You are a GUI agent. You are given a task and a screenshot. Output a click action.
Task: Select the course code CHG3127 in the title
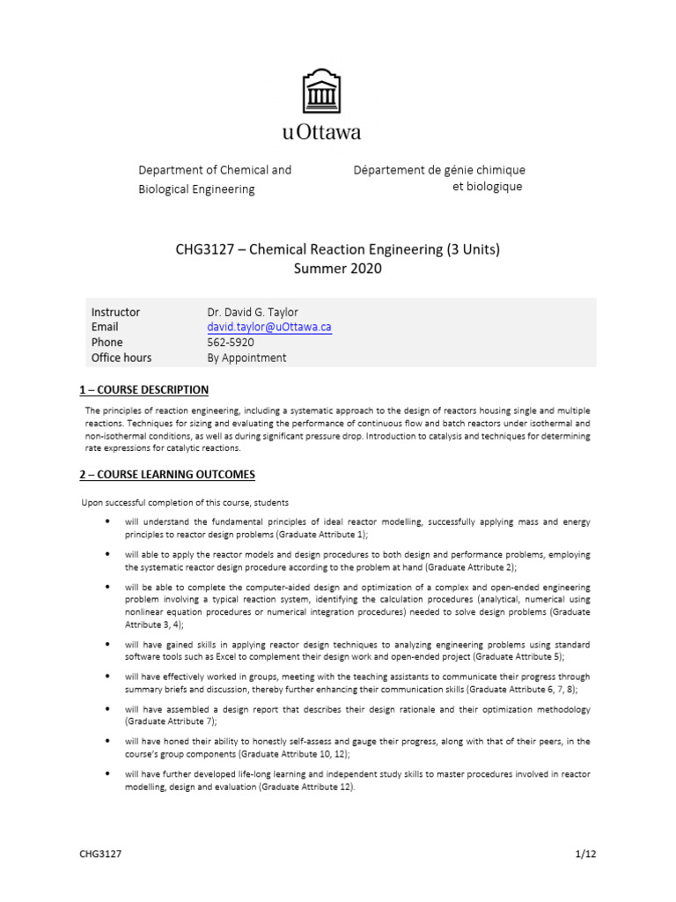coord(206,249)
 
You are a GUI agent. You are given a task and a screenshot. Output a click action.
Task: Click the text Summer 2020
coord(338,269)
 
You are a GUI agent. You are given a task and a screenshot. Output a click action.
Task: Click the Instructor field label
coord(115,312)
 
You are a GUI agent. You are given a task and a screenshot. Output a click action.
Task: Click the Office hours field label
coord(121,358)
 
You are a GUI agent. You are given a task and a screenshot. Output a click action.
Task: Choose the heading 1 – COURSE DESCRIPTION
coord(144,389)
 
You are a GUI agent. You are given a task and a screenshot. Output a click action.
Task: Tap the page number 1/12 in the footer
coord(585,854)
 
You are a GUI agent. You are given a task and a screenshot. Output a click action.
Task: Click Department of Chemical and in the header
coord(215,170)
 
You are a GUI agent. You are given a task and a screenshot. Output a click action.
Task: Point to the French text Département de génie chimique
coord(438,170)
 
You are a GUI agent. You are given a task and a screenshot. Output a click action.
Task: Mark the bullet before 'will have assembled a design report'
coord(107,709)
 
